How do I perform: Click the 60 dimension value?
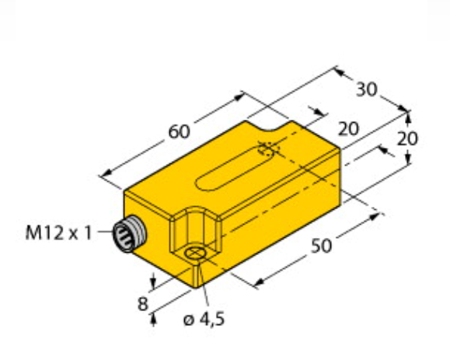pyautogui.click(x=179, y=131)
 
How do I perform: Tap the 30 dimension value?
pyautogui.click(x=367, y=89)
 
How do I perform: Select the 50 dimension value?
pyautogui.click(x=322, y=246)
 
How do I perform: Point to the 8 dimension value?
pyautogui.click(x=143, y=304)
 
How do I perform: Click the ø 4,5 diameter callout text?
pyautogui.click(x=204, y=319)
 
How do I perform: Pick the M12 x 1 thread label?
pyautogui.click(x=58, y=232)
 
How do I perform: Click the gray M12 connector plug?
pyautogui.click(x=129, y=234)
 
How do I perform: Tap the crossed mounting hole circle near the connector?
pyautogui.click(x=195, y=253)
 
